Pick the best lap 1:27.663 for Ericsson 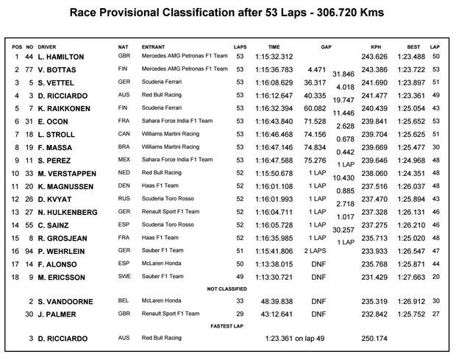click(x=407, y=277)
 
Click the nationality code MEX click(x=124, y=160)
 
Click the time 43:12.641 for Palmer click(x=277, y=314)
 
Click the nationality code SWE click(x=124, y=277)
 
